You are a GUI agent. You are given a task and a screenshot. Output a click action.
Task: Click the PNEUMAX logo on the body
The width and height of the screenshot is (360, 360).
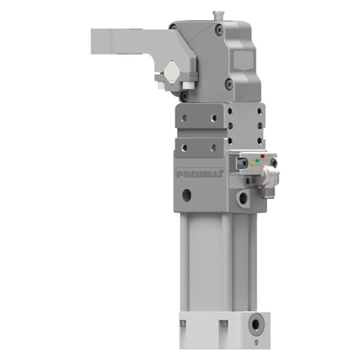[x=200, y=174]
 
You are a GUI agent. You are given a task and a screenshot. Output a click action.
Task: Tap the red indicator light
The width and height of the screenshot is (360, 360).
[x=262, y=156]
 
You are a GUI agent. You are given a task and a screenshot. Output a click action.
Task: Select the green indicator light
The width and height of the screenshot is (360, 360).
[x=257, y=160]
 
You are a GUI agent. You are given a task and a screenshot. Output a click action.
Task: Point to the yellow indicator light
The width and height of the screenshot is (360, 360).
[x=253, y=164]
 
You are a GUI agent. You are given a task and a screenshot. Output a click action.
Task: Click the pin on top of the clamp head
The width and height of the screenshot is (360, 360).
[x=217, y=14]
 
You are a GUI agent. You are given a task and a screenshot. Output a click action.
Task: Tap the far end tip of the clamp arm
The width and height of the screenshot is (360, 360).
[x=92, y=42]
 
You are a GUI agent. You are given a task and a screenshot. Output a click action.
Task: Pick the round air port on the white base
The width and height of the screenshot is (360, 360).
[x=256, y=324]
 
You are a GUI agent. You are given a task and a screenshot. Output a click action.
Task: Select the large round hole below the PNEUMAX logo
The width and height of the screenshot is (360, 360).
[x=187, y=195]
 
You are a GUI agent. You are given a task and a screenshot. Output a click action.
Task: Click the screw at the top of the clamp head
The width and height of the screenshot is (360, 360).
[x=219, y=30]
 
